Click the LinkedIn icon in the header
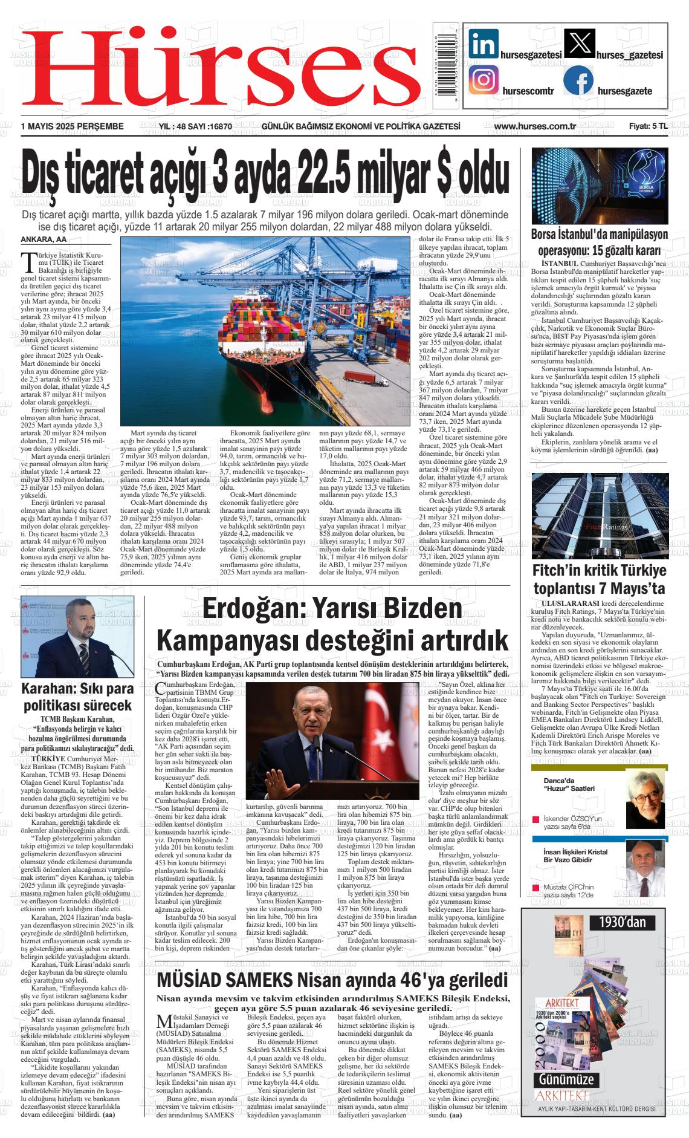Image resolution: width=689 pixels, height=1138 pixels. (484, 44)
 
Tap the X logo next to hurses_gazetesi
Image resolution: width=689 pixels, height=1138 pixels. (578, 44)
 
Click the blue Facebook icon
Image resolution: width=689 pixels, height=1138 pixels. (578, 80)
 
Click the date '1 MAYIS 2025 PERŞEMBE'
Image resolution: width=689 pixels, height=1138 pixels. (72, 126)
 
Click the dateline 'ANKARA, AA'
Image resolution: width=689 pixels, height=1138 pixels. (44, 240)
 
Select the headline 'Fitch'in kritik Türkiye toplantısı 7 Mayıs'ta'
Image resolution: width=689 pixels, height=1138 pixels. (599, 579)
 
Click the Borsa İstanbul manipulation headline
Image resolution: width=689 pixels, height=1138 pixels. (599, 242)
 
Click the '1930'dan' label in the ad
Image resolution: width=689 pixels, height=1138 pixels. (623, 922)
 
